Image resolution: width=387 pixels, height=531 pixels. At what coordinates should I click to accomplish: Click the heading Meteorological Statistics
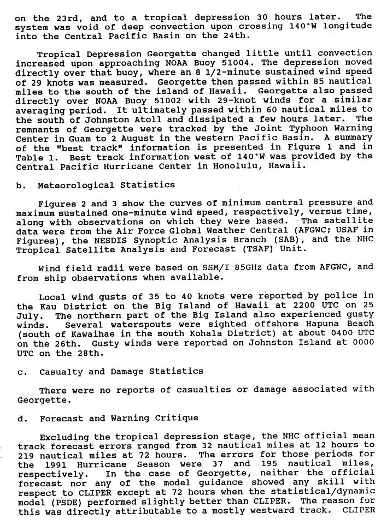107,185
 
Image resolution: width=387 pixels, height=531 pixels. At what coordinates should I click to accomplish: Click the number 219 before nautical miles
26,455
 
